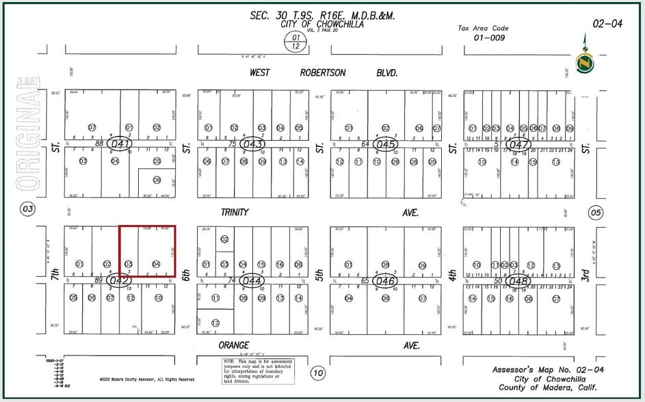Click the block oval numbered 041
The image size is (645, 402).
(120, 144)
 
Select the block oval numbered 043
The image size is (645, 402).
(253, 144)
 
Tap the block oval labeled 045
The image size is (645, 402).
(386, 144)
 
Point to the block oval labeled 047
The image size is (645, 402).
(518, 144)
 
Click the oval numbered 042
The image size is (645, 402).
(120, 280)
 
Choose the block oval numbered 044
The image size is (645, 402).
(253, 280)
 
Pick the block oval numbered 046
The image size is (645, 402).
(386, 280)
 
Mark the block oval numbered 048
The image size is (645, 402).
(519, 280)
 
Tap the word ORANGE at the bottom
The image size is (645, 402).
(234, 345)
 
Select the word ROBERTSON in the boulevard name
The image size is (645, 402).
(323, 72)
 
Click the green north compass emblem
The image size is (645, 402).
(585, 62)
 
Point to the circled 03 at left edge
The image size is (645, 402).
(27, 209)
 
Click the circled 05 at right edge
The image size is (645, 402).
(596, 213)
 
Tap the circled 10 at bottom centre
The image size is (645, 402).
(317, 373)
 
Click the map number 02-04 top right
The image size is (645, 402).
(607, 23)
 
